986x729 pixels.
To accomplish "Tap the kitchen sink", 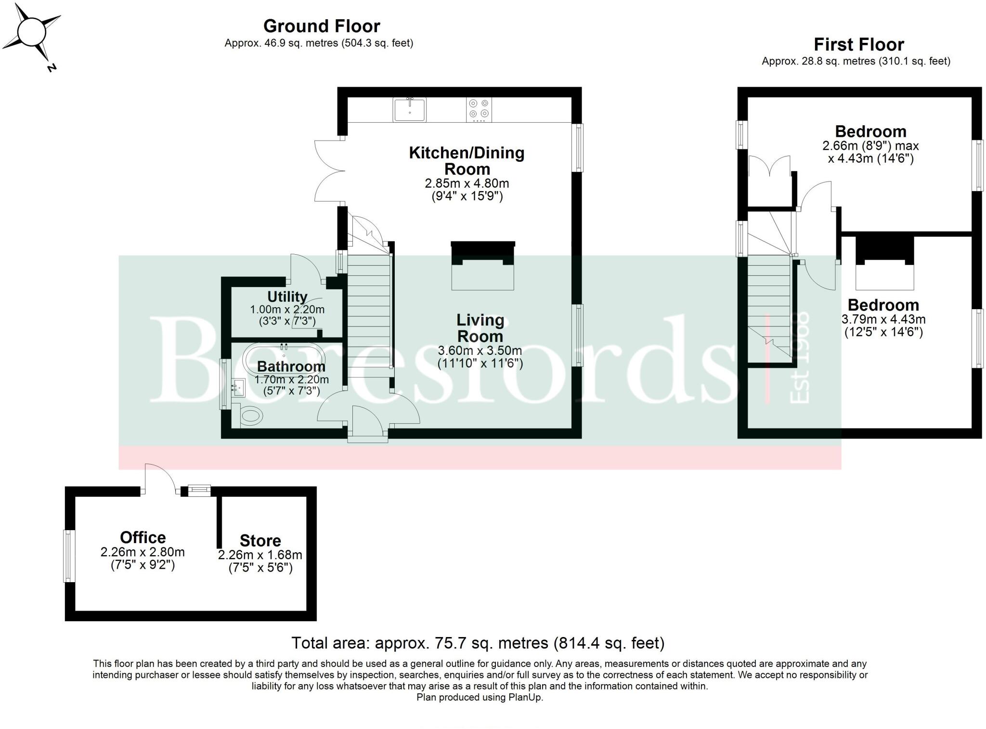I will click(409, 109).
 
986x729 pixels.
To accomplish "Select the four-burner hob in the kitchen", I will click(479, 109).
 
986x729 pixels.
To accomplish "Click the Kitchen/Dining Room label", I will click(467, 161).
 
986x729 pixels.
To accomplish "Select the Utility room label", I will click(287, 296).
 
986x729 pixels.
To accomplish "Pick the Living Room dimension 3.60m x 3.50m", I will click(480, 351).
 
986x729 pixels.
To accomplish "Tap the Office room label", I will click(143, 537).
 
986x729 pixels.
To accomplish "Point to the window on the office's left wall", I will click(70, 556).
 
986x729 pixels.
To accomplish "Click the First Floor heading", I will click(858, 45).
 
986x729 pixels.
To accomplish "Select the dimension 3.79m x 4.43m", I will click(883, 319).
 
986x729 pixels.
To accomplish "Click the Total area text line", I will click(478, 643).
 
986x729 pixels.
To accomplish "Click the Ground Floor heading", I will click(322, 26).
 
